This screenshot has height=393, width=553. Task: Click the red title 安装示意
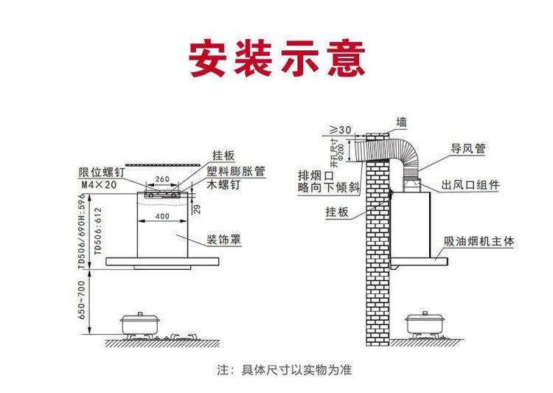pyautogui.click(x=276, y=58)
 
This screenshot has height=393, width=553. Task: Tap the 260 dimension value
pyautogui.click(x=162, y=180)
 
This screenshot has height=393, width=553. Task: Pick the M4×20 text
pyautogui.click(x=98, y=184)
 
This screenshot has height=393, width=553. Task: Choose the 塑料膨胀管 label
pyautogui.click(x=236, y=171)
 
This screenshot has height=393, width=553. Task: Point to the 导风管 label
pyautogui.click(x=468, y=148)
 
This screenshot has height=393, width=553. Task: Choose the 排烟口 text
pyautogui.click(x=313, y=175)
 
